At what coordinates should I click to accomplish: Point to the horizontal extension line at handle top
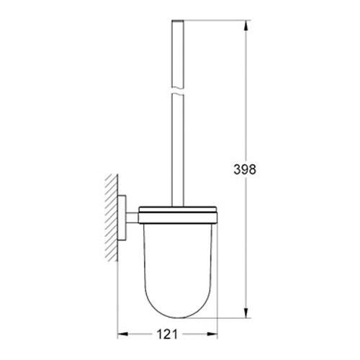216,23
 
